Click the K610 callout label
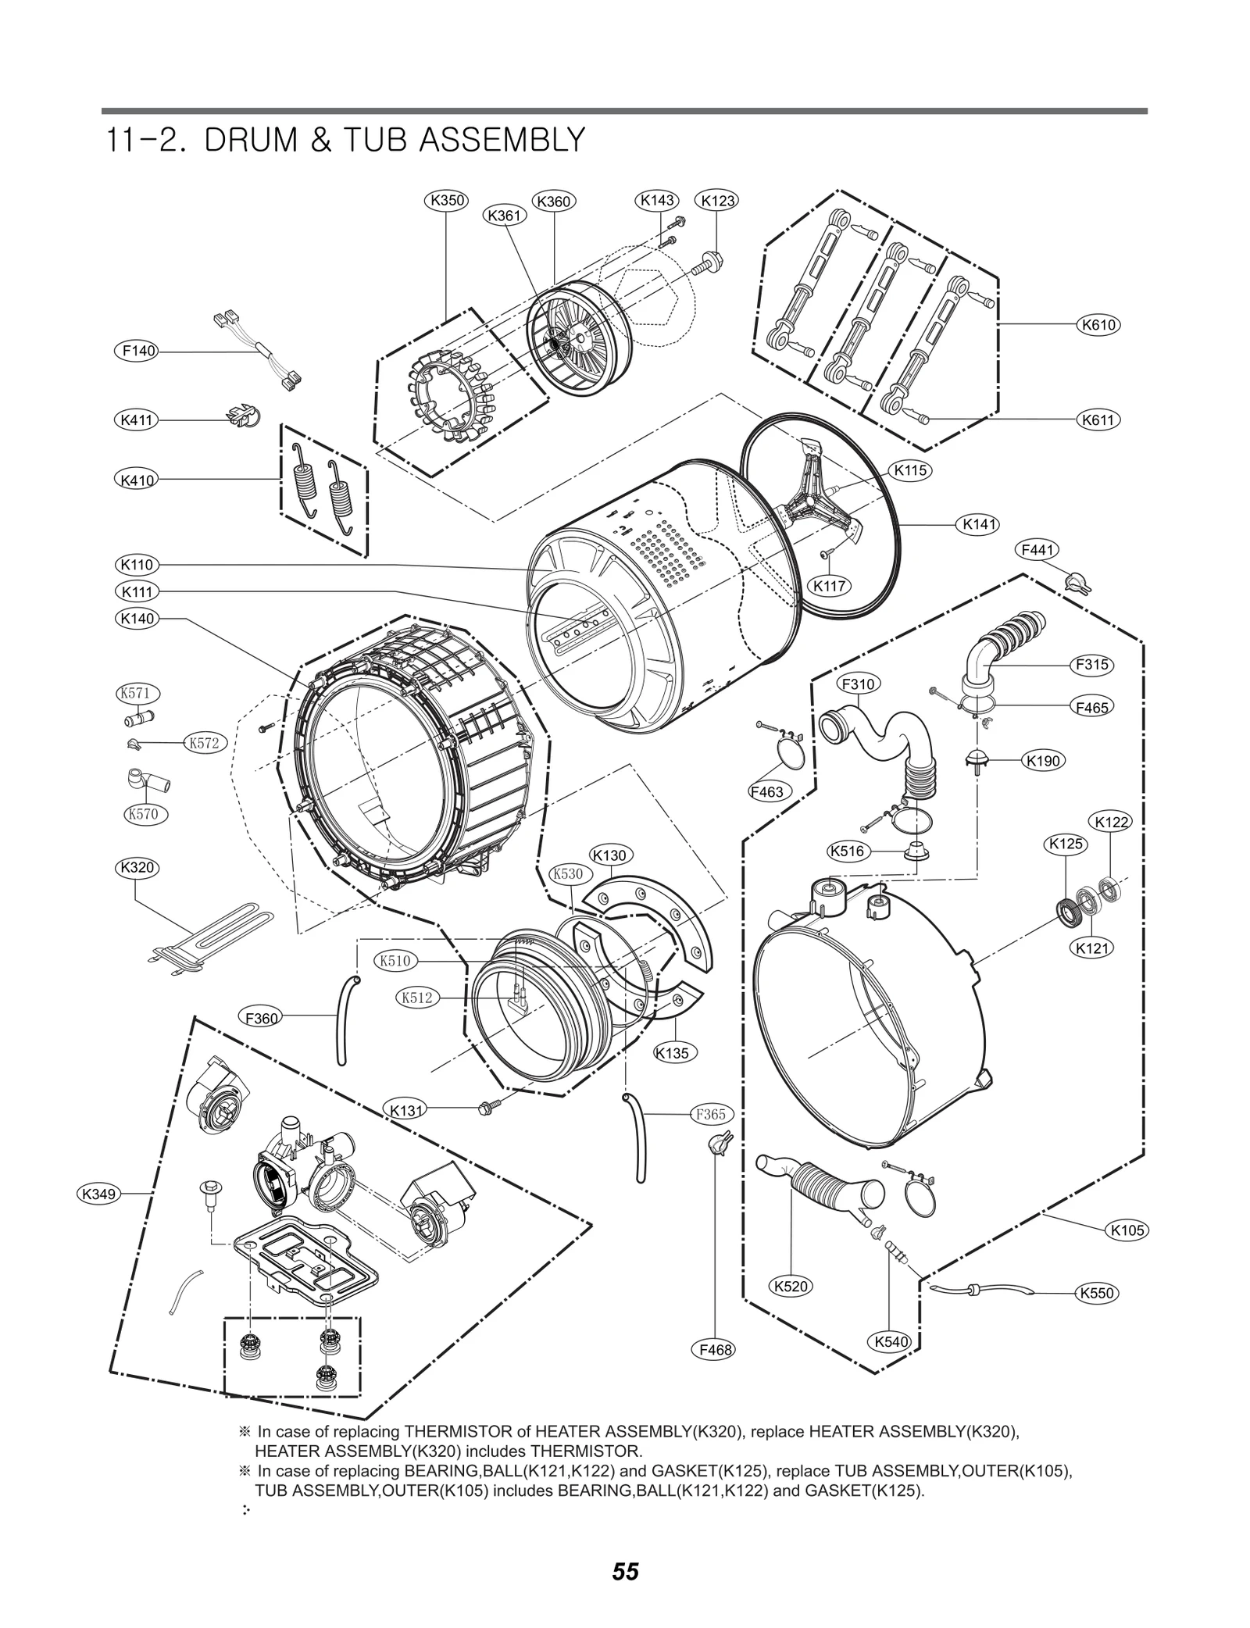pos(1098,325)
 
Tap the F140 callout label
pos(139,352)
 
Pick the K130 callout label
pos(609,855)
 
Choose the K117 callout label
pos(829,586)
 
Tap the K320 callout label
pos(137,867)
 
